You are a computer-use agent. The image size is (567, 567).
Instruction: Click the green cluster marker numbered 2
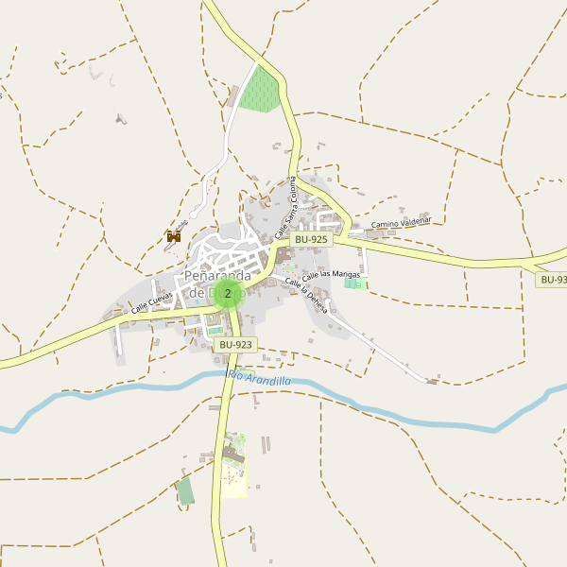(x=227, y=293)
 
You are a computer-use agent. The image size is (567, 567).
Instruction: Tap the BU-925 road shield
(x=310, y=240)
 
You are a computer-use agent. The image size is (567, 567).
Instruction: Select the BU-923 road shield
(x=235, y=345)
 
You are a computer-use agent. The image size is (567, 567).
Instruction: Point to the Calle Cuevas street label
(x=152, y=301)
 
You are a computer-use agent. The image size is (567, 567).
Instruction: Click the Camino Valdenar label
(x=401, y=224)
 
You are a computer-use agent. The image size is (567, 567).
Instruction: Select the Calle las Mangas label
(x=331, y=273)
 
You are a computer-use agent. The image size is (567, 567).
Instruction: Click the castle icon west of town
(x=174, y=237)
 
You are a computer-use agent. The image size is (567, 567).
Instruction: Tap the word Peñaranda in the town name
(x=217, y=276)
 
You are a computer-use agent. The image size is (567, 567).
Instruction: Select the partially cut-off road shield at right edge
(x=552, y=280)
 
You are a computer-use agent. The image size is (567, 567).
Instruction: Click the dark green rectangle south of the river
(x=185, y=490)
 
